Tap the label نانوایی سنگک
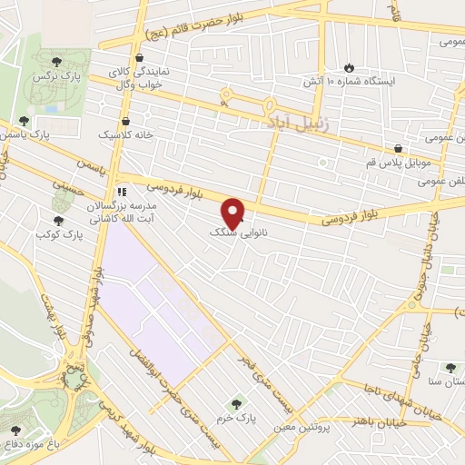(215, 233)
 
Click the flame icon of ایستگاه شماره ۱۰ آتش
(351, 66)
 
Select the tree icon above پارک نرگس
(57, 61)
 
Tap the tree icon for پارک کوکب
(58, 220)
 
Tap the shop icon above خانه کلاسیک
(125, 121)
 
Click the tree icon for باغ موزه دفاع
(15, 430)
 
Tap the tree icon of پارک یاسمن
(24, 121)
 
